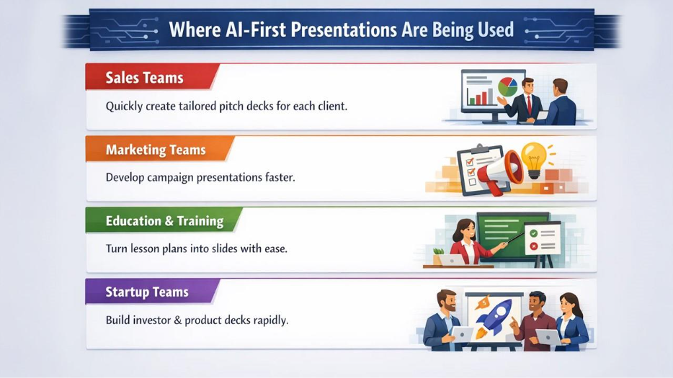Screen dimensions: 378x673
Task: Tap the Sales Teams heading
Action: click(144, 78)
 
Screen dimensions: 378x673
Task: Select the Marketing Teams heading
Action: click(156, 150)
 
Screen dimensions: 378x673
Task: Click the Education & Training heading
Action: click(164, 221)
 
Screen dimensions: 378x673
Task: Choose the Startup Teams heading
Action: click(147, 292)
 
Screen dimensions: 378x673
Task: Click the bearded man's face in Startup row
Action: click(447, 302)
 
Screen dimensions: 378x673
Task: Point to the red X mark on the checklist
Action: click(534, 246)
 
